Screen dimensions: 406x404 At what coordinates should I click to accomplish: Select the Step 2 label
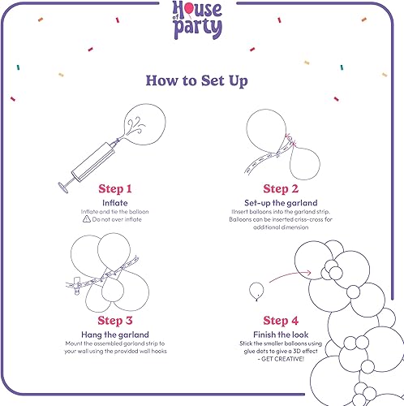click(x=286, y=188)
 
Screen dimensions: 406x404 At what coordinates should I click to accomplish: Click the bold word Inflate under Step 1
click(x=114, y=202)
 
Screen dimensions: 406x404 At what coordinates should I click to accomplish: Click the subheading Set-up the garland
click(x=286, y=202)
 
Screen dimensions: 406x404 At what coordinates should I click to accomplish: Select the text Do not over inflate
click(x=118, y=219)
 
